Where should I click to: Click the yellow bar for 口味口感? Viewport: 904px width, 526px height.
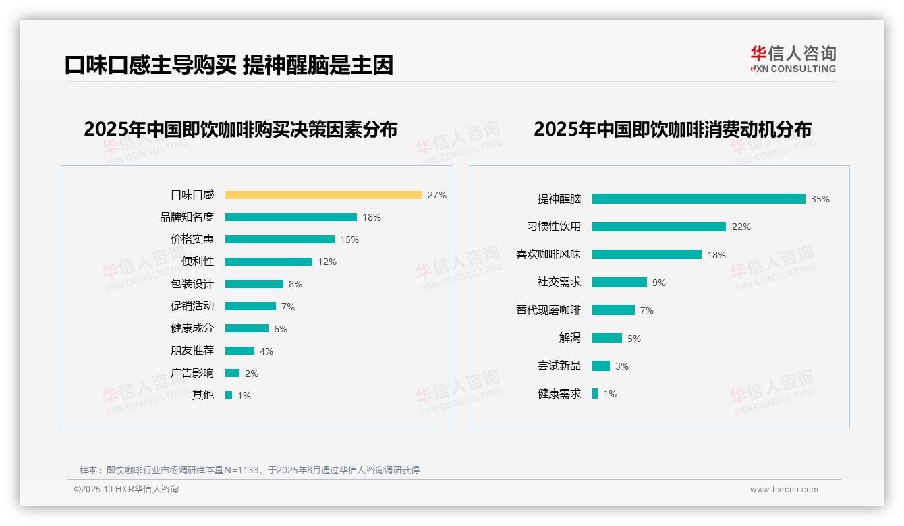(323, 195)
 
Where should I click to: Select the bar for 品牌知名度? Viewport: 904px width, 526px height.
(291, 217)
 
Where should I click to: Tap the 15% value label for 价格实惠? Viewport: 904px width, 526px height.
(349, 239)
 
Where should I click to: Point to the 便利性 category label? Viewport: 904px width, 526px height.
(198, 262)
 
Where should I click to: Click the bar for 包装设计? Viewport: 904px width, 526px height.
(254, 284)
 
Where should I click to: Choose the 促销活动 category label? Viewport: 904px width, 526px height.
(192, 306)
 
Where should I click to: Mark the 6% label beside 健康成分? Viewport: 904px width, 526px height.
(281, 329)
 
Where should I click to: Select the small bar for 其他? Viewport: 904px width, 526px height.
(229, 395)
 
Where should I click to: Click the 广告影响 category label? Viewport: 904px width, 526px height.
(192, 373)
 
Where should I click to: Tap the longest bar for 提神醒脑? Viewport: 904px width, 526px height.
(698, 199)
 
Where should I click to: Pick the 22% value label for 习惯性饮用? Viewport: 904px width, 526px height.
(741, 227)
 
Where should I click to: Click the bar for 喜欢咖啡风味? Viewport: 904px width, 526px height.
(647, 254)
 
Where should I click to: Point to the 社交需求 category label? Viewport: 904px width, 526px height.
(559, 283)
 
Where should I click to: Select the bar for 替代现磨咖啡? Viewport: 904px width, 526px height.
(613, 310)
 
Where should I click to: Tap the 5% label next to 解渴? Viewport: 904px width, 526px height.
(634, 339)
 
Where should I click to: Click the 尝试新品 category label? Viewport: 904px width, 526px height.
(559, 366)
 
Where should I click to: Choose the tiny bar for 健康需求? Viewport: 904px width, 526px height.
(595, 394)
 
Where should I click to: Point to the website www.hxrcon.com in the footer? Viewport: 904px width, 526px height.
(784, 490)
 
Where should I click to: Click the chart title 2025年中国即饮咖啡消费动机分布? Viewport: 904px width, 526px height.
(672, 129)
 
